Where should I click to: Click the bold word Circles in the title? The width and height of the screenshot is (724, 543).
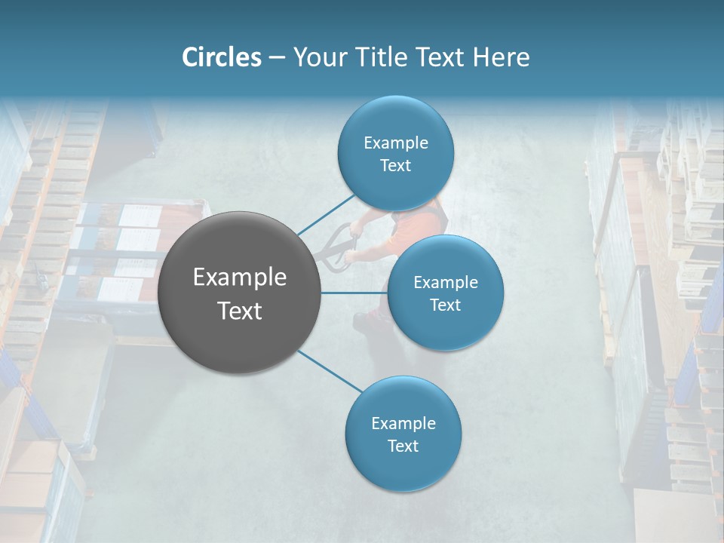coord(221,57)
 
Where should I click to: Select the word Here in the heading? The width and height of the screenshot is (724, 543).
coord(501,57)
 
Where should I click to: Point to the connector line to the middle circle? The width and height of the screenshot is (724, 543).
coord(354,293)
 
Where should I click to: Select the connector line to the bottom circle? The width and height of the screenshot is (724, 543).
coord(330,370)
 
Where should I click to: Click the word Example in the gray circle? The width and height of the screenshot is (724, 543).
coord(240,278)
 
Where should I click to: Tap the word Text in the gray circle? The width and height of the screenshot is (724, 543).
coord(240,311)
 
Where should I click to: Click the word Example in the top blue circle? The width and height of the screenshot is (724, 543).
coord(395,143)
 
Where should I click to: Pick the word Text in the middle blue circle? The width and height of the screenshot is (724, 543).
coord(445,305)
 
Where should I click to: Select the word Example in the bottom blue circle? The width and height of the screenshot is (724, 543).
coord(403,423)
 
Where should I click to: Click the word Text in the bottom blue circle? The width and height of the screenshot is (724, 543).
coord(403,446)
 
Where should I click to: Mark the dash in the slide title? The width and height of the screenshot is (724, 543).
coord(277,57)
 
